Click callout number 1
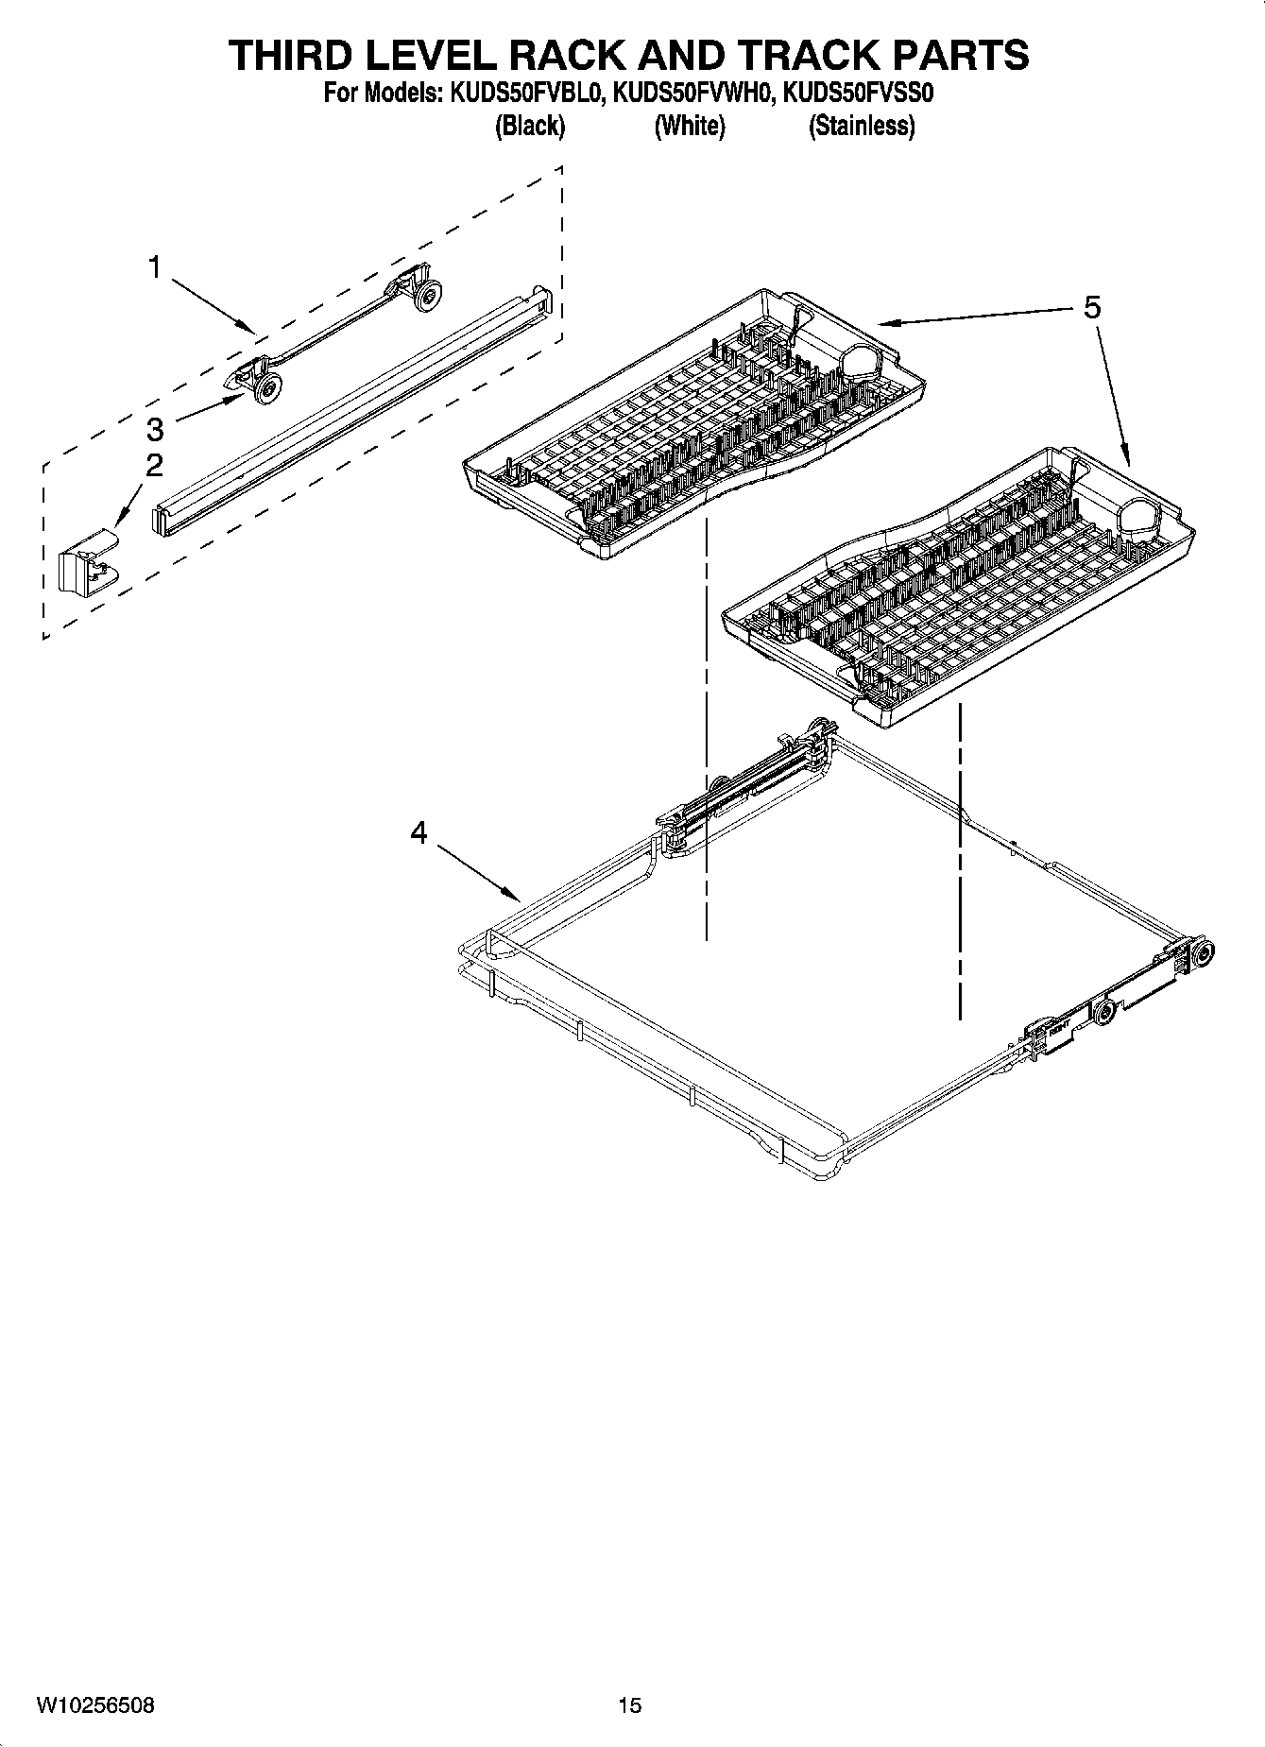coord(154,268)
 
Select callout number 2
coord(154,465)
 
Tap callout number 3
coord(154,430)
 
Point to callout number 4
coord(419,832)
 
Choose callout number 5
coord(1091,307)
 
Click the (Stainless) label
coord(861,126)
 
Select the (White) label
coord(690,126)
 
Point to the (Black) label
coord(529,126)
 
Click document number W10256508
coord(95,1705)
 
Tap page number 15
coord(630,1705)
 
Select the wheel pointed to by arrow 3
coord(269,385)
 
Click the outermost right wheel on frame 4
coord(1202,955)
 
